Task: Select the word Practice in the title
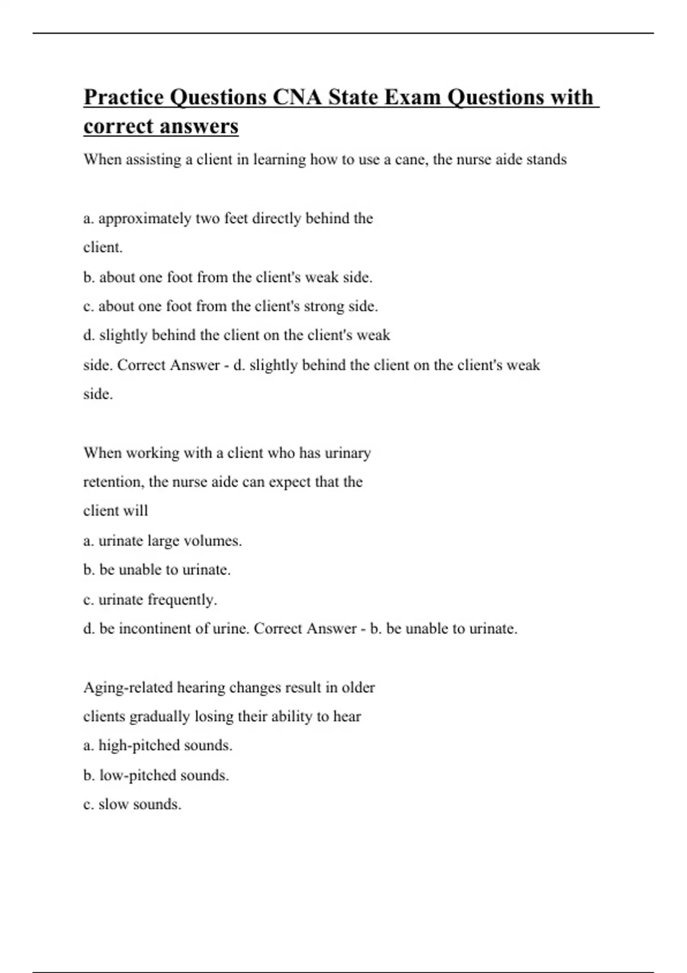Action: (124, 97)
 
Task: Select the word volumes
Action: (213, 541)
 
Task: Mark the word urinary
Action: (348, 453)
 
